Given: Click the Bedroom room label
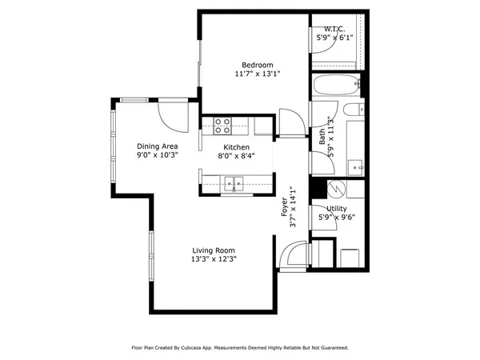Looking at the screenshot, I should (258, 65).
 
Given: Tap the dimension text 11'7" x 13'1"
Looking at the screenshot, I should (258, 74).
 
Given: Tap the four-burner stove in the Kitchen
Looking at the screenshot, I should (223, 126).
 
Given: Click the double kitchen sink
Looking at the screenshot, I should (234, 182).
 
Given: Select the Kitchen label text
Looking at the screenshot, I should (236, 147).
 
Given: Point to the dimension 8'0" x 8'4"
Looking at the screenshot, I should (236, 157).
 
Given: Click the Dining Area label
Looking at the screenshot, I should (157, 146).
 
